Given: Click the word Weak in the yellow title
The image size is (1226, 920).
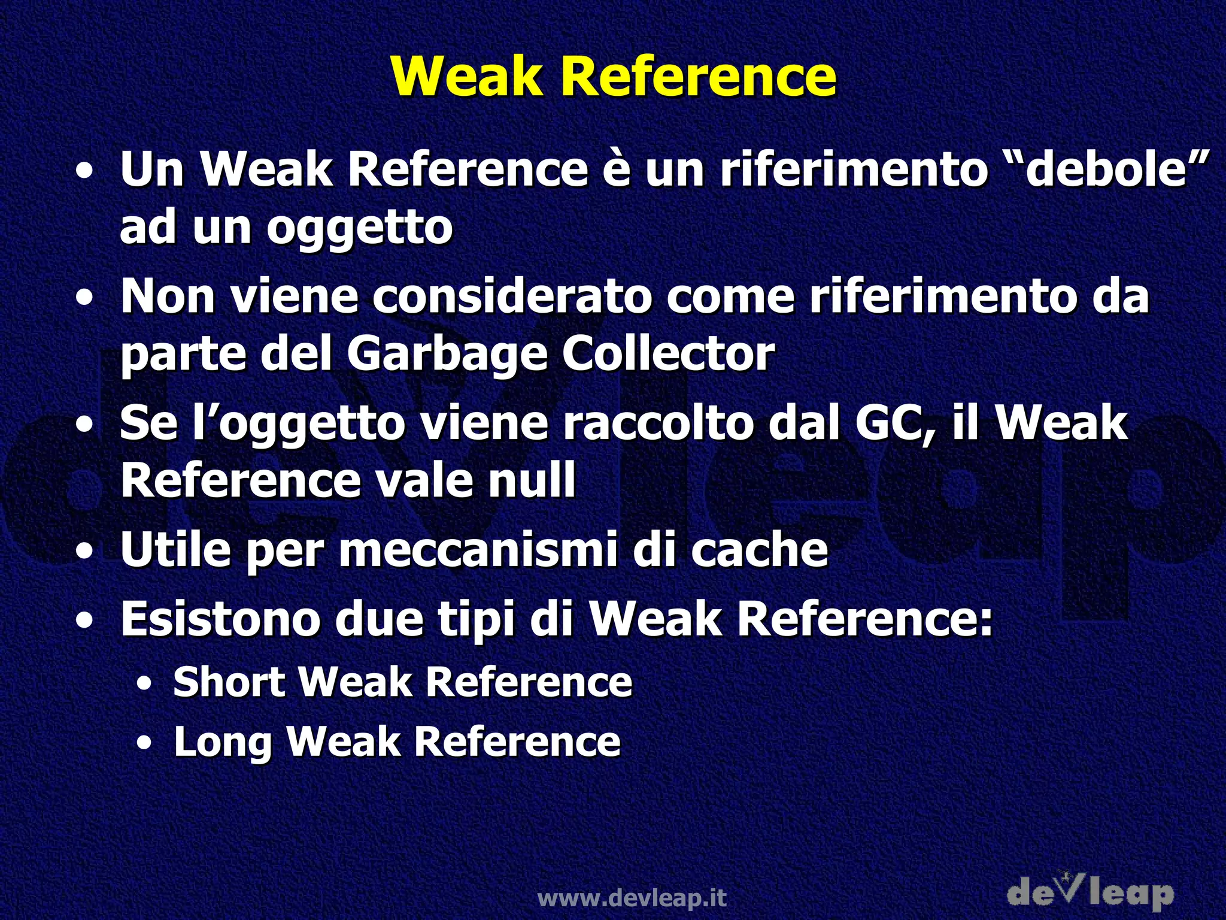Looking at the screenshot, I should (467, 77).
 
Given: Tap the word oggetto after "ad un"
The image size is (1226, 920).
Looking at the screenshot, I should (359, 228).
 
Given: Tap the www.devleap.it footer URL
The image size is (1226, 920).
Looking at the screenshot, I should (632, 898).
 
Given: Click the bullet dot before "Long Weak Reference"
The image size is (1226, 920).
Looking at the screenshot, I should (144, 743).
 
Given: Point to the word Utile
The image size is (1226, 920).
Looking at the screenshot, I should (175, 549).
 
